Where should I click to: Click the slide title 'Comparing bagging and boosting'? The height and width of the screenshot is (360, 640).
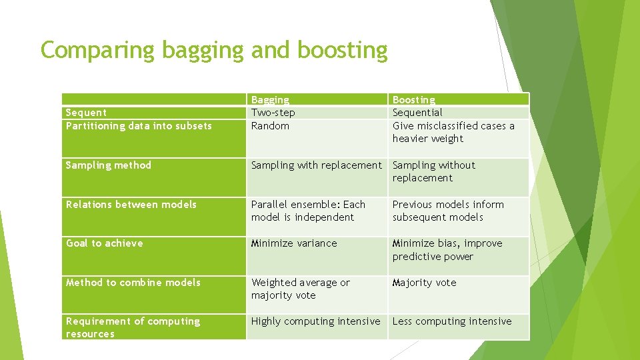click(214, 50)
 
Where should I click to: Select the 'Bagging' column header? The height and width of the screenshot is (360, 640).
click(270, 100)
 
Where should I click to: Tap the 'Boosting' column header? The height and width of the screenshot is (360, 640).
click(414, 100)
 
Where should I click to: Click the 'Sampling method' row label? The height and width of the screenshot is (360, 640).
click(109, 165)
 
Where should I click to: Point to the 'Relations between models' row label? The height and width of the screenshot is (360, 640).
click(131, 205)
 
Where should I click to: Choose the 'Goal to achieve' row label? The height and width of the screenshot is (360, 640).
click(105, 243)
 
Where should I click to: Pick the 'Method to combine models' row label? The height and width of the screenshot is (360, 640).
click(133, 283)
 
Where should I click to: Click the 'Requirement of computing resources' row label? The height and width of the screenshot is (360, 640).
click(133, 327)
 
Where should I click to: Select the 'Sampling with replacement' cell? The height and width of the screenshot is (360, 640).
click(316, 165)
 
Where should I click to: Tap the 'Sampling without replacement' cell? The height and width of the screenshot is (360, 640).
click(434, 171)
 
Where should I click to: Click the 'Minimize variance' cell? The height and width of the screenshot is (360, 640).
click(294, 243)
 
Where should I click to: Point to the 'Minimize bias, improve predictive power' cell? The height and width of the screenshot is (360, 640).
click(447, 250)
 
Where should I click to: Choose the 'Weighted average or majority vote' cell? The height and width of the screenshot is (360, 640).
click(300, 289)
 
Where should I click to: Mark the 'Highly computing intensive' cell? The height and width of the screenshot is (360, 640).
click(315, 321)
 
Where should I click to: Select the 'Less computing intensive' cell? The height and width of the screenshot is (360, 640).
click(452, 321)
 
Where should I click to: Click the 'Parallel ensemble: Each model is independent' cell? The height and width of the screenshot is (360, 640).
click(308, 211)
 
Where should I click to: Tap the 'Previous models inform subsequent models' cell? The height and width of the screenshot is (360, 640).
click(448, 211)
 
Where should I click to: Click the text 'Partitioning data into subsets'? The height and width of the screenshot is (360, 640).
click(139, 126)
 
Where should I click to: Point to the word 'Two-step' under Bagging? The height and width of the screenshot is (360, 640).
click(273, 113)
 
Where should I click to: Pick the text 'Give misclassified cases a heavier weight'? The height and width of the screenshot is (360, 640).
click(453, 132)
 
